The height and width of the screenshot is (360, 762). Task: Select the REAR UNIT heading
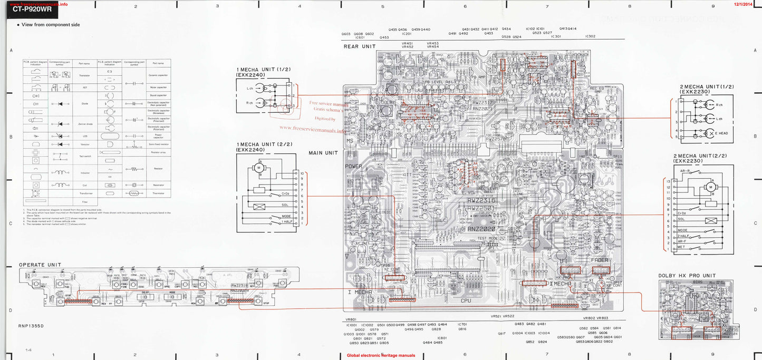coord(360,46)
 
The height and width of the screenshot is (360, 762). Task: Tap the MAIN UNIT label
coord(323,153)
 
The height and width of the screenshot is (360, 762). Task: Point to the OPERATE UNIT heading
coord(40,265)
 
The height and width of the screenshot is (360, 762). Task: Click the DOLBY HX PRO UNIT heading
coord(687,276)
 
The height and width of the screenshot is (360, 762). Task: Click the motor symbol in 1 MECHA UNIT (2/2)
coord(259,168)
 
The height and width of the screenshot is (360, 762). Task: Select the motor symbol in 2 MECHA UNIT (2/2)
coord(710,187)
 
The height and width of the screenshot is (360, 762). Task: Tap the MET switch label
coord(682,247)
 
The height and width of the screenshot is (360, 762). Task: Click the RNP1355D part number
coord(31,326)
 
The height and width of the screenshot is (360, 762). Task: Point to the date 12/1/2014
coord(744,4)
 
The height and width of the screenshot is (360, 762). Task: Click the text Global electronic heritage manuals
coord(381,355)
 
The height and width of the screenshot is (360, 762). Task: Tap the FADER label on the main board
coord(599,260)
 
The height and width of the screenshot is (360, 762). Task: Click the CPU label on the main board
coord(466,300)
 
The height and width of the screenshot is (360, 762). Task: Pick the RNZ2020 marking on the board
coord(482,229)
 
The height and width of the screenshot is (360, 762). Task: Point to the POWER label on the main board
coord(353,166)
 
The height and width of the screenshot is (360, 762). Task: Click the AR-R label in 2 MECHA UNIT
coord(685,171)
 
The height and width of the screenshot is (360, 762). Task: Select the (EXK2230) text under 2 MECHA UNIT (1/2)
coord(695,92)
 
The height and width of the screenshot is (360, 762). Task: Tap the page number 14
coord(28,350)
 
